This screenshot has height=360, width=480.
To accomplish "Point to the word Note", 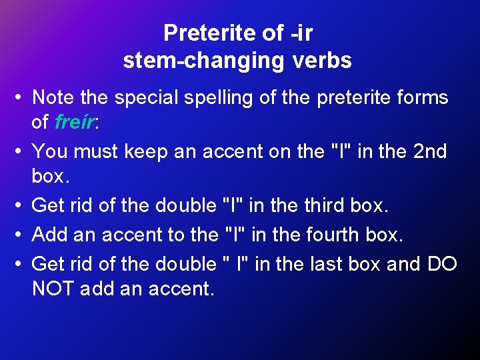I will click(53, 98).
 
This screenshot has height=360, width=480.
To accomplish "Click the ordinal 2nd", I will click(430, 152).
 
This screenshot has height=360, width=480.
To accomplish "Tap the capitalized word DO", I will click(442, 264).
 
